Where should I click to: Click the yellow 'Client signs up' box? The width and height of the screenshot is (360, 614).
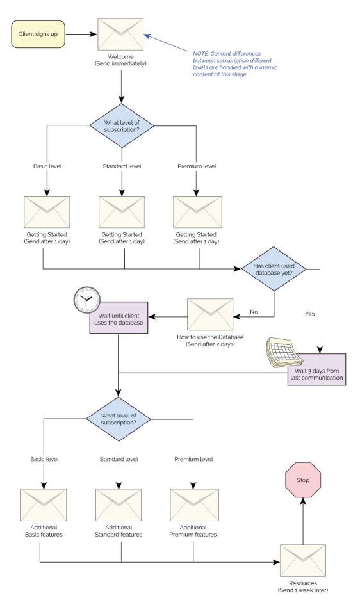coord(37,35)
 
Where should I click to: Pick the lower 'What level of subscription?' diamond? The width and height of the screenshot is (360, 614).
coord(119,419)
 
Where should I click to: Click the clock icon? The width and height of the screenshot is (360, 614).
coord(86,299)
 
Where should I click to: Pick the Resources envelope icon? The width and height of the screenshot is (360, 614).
coord(302,561)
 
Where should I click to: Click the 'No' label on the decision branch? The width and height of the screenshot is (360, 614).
coord(254,312)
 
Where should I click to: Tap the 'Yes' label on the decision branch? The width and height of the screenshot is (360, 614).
coord(311,314)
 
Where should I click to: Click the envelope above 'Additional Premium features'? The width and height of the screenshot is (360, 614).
coord(193,506)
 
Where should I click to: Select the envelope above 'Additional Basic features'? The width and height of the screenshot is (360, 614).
coord(44,506)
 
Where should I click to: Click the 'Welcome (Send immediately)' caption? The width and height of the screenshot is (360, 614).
coord(120,61)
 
